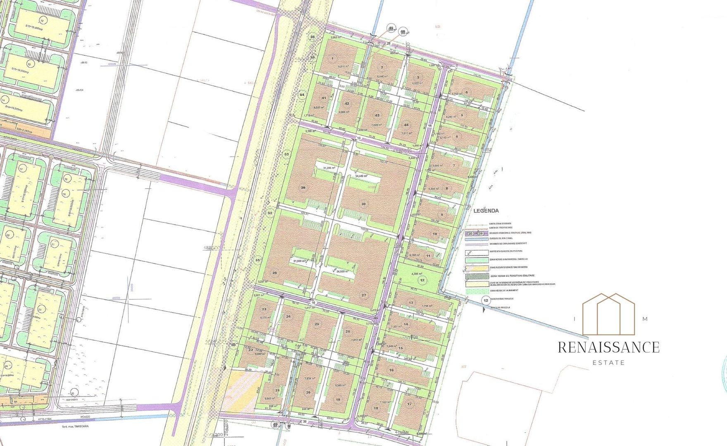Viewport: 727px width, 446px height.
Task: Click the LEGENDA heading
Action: point(486,211)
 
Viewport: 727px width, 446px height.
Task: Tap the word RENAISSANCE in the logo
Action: point(608,347)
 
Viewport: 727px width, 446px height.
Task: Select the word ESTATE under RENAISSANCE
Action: point(608,363)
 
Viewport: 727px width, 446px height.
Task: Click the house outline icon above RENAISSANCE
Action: point(608,314)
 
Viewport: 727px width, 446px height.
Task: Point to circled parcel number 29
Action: point(303,188)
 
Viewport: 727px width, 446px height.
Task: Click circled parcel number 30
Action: point(363,204)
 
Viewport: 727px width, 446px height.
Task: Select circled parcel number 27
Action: point(364,295)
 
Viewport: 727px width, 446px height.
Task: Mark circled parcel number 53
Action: point(287,154)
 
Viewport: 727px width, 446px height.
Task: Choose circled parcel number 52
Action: point(270,213)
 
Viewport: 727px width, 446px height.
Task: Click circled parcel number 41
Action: point(324,98)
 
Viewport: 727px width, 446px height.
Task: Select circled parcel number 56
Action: point(312,37)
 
